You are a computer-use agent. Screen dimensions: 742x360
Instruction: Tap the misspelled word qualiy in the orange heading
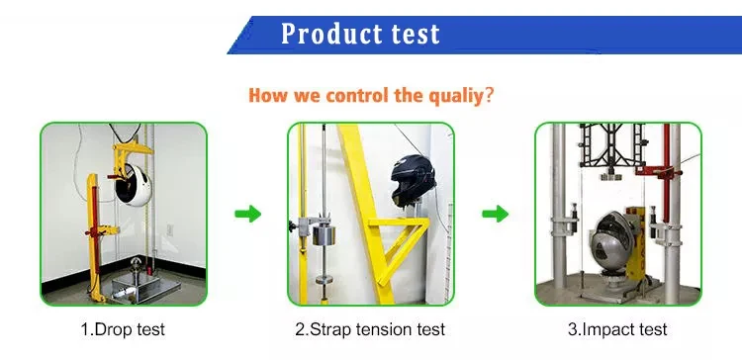(x=456, y=96)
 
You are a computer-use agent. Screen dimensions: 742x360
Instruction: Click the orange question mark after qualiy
(x=489, y=95)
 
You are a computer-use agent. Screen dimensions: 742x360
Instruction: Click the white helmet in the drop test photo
(x=134, y=185)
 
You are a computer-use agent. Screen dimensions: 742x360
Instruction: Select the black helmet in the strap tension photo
(x=413, y=181)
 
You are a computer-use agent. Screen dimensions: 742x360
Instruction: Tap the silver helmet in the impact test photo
(x=612, y=241)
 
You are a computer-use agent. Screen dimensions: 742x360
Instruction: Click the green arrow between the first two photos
(x=248, y=214)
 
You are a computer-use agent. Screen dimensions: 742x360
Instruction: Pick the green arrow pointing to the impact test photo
(x=495, y=214)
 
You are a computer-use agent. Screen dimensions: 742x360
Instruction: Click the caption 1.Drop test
(x=123, y=329)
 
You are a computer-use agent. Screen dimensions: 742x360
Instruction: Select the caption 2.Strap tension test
(x=370, y=329)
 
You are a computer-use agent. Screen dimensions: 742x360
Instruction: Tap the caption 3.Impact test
(x=617, y=329)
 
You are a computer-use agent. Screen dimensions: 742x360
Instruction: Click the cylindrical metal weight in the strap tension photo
(x=324, y=235)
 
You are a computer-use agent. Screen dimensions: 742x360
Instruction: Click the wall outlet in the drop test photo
(x=169, y=229)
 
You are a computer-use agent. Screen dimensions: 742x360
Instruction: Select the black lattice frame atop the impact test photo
(x=611, y=145)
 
